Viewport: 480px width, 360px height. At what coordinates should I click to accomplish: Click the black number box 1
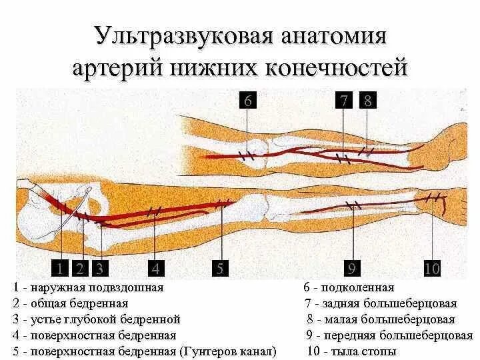59,269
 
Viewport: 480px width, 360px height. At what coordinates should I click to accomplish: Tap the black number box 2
79,269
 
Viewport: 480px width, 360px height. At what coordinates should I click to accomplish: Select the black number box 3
99,269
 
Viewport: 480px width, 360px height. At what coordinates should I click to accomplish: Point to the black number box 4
155,269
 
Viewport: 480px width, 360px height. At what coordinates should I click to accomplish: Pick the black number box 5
219,269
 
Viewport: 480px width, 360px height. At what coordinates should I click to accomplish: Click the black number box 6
247,101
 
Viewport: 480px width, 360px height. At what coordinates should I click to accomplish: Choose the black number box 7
344,101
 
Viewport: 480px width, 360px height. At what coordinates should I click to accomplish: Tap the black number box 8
368,101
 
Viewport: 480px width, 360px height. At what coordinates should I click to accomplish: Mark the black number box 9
351,269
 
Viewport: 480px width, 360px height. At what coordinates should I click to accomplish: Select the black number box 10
432,269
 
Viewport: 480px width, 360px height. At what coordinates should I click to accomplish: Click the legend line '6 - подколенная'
349,288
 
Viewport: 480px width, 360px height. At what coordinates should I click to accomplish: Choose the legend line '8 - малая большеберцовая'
381,319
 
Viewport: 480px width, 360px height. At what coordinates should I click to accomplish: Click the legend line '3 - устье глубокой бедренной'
97,319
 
